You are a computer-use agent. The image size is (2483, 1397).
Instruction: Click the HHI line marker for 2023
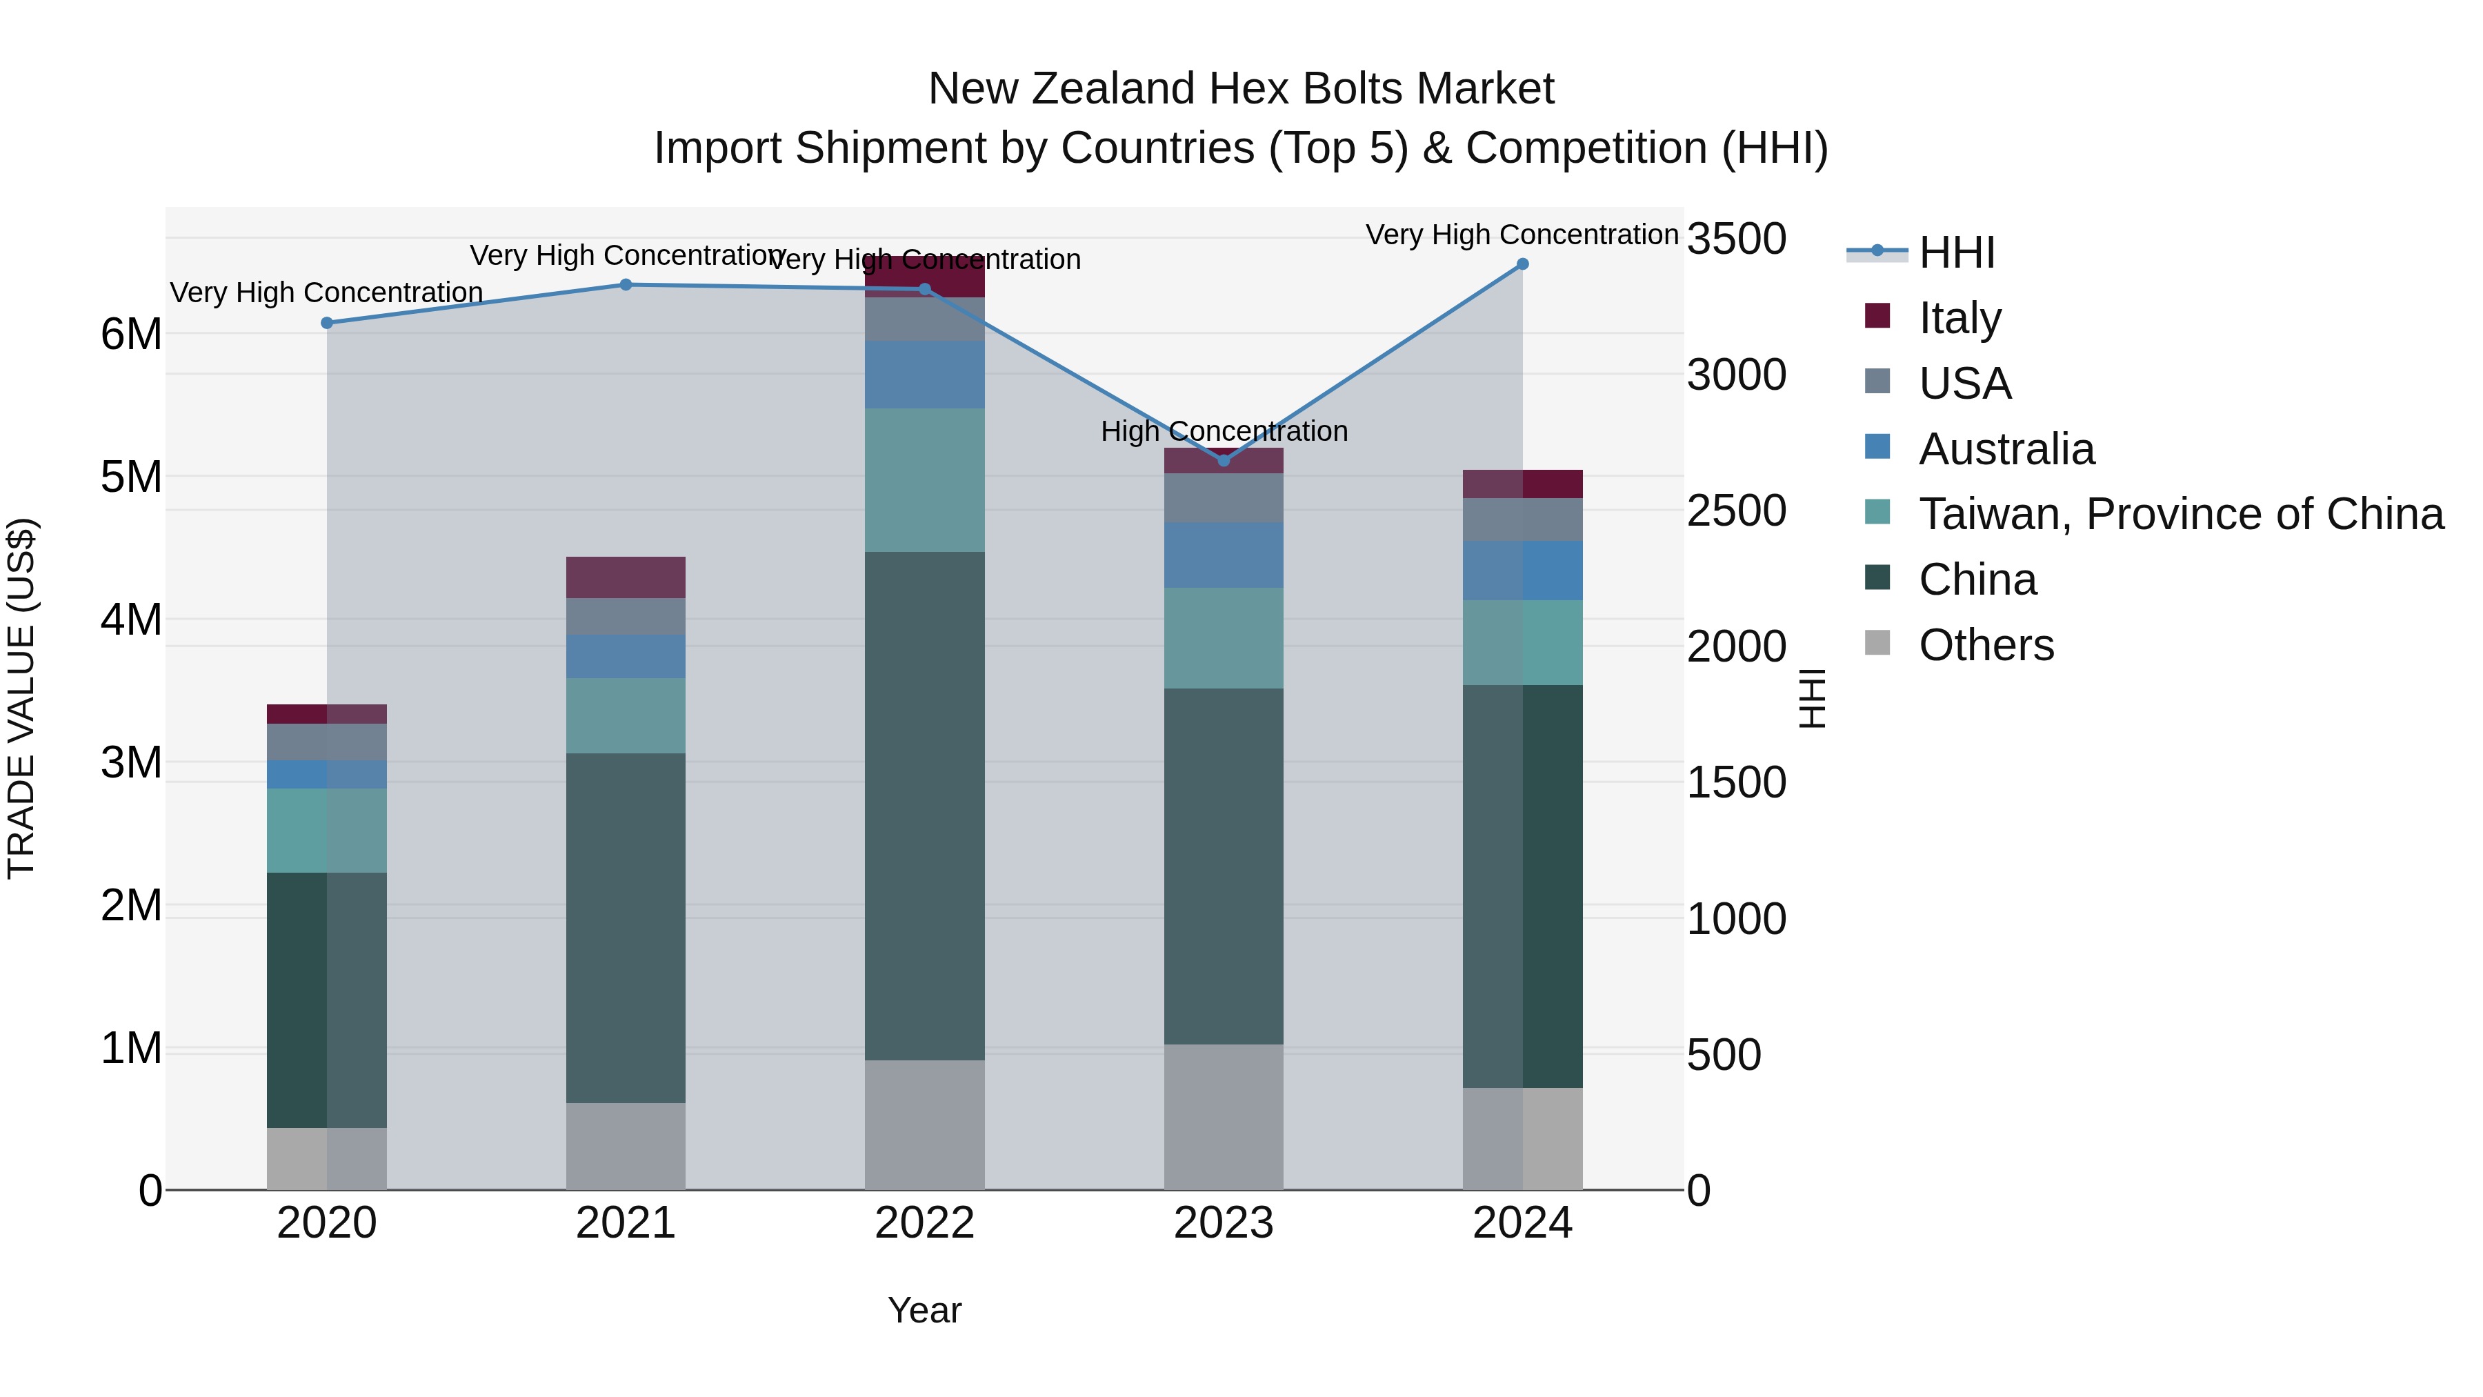point(1224,461)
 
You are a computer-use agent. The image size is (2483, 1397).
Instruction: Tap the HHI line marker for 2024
point(1523,264)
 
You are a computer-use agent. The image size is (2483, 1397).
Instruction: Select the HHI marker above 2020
point(327,323)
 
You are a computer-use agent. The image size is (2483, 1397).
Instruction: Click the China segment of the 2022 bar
point(924,805)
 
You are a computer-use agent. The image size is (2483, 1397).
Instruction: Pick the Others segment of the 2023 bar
point(1224,1116)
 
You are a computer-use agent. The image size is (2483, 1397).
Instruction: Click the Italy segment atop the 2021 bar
point(626,577)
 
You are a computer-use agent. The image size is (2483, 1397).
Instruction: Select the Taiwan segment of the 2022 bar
point(924,480)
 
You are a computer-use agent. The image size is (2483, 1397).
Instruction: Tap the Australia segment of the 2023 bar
point(1224,555)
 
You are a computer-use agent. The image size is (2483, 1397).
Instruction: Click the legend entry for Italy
point(1959,317)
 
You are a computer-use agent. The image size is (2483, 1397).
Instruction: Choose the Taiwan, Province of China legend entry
point(2180,514)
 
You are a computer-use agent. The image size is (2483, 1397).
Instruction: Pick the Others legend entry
point(1986,645)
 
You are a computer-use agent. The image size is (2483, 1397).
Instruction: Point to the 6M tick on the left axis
point(132,335)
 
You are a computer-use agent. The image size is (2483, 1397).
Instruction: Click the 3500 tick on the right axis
point(1736,239)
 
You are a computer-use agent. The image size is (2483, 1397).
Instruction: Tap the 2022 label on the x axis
point(924,1223)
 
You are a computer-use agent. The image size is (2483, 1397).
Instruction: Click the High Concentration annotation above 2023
point(1224,431)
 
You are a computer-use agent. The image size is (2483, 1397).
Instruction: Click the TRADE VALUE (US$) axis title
point(21,698)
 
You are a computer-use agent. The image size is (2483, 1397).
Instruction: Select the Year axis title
point(924,1310)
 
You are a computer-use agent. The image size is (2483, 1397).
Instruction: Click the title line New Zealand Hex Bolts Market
point(1241,89)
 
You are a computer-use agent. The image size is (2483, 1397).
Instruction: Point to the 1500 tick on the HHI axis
point(1736,783)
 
